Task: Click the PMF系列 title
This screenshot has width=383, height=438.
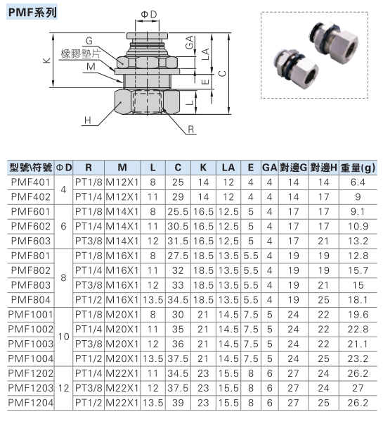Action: [x=32, y=12]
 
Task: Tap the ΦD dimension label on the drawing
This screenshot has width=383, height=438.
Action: [x=149, y=14]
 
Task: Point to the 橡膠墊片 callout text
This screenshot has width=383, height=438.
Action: [x=80, y=54]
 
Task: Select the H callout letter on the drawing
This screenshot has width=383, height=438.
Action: [x=88, y=120]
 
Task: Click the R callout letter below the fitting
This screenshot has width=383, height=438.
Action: [x=191, y=130]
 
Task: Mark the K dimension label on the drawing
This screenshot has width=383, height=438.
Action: [x=46, y=61]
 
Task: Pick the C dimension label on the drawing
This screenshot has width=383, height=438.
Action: [x=222, y=74]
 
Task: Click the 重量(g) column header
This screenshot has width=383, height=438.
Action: [x=358, y=168]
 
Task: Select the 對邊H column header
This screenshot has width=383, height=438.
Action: [x=324, y=168]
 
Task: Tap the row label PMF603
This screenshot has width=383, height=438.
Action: [x=31, y=241]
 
